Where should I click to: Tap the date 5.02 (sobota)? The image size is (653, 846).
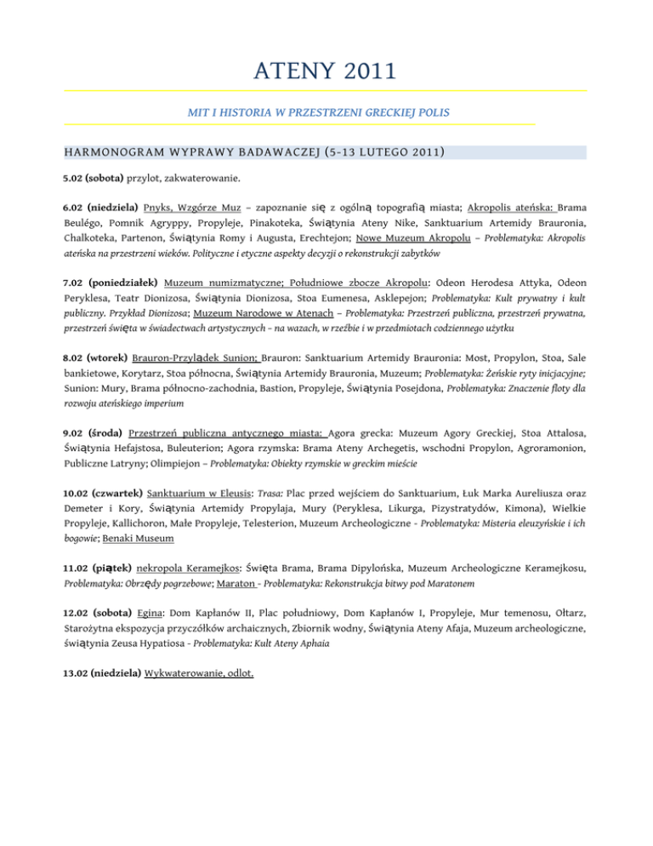[94, 179]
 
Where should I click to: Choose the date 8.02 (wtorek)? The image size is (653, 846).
[95, 357]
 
